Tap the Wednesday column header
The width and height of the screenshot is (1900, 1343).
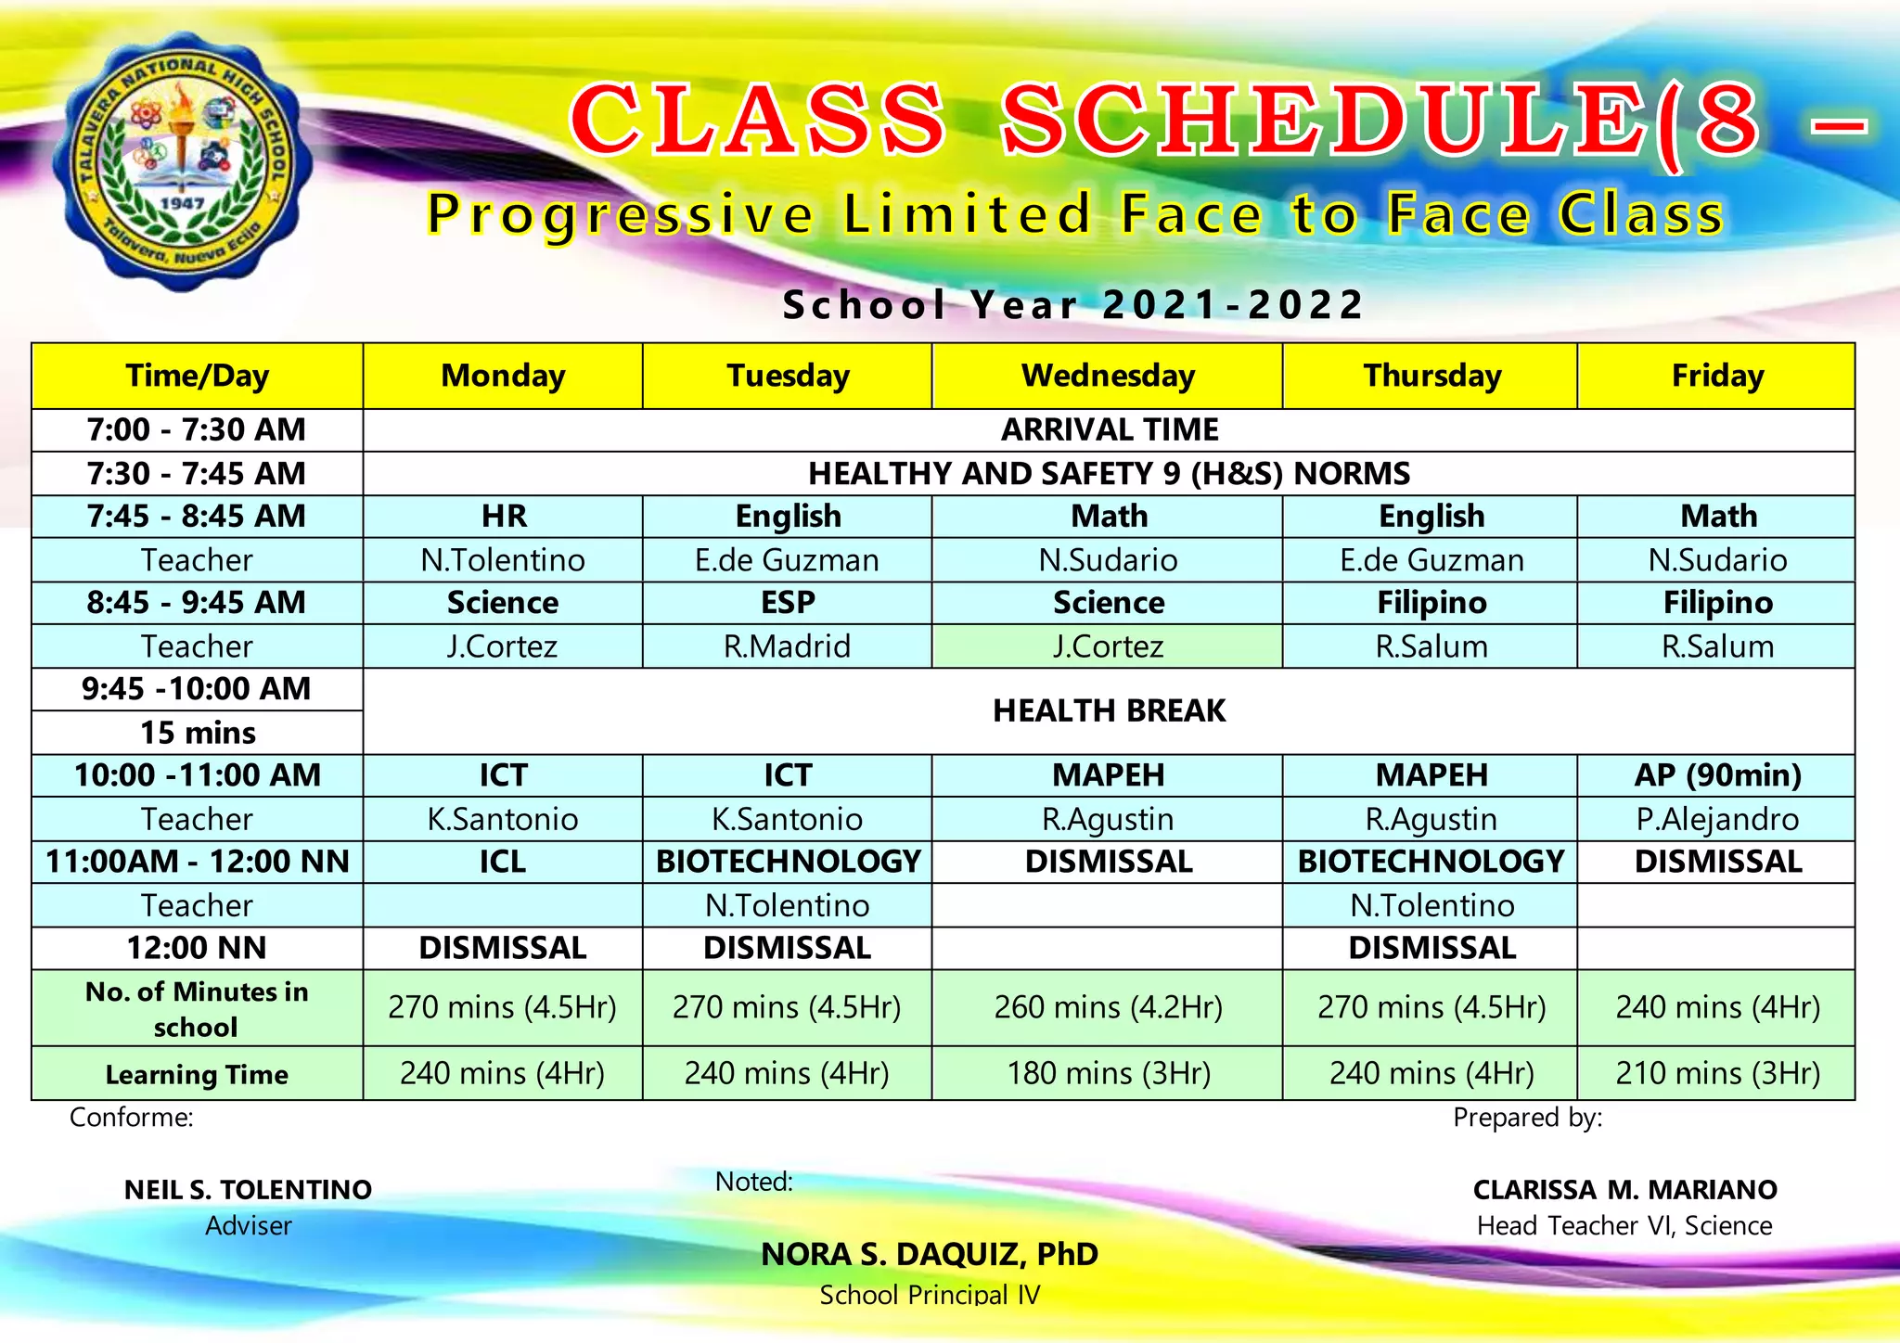[1108, 376]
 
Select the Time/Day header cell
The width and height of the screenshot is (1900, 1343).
[197, 376]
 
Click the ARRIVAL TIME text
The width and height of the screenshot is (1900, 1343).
[1109, 429]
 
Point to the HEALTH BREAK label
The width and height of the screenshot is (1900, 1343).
[1109, 710]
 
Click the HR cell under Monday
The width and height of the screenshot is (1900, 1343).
[503, 516]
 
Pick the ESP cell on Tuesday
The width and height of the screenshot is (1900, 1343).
[787, 602]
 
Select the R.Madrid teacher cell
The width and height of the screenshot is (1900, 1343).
[787, 646]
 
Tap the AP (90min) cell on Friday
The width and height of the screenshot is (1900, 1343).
[1717, 774]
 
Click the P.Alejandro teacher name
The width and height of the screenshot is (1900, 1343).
[1717, 819]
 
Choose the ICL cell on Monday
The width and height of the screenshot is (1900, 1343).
[503, 861]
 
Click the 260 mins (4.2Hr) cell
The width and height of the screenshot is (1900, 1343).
[1108, 1007]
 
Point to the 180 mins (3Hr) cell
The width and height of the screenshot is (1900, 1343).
[1108, 1073]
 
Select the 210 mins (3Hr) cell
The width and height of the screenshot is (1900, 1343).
[1717, 1073]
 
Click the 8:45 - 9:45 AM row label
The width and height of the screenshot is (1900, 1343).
[197, 602]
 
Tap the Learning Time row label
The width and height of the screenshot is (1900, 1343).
[197, 1074]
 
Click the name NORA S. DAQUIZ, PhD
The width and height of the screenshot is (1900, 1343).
[930, 1254]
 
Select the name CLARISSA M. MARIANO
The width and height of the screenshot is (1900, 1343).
[1624, 1189]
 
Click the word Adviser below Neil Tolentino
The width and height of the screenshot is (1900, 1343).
[248, 1225]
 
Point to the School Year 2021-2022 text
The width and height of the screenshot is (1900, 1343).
[1073, 304]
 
